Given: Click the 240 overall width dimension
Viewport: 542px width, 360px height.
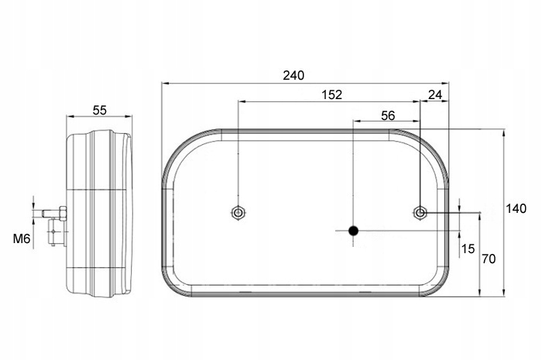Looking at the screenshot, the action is click(293, 75).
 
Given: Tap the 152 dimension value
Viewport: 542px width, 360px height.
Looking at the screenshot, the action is click(332, 94).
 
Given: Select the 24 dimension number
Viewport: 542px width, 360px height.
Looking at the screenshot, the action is click(435, 94).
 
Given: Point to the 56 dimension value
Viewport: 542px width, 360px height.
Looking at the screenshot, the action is click(388, 115).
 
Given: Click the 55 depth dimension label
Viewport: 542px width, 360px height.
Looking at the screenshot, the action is click(100, 110).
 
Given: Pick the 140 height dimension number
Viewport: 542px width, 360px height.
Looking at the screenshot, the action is click(516, 208).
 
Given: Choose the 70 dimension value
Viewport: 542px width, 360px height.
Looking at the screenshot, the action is click(489, 259).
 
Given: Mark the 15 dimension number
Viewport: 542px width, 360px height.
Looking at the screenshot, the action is click(468, 249).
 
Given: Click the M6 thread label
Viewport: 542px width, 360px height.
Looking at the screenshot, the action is click(22, 238).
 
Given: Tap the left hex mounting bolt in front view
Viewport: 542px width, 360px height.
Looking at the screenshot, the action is click(238, 212).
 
